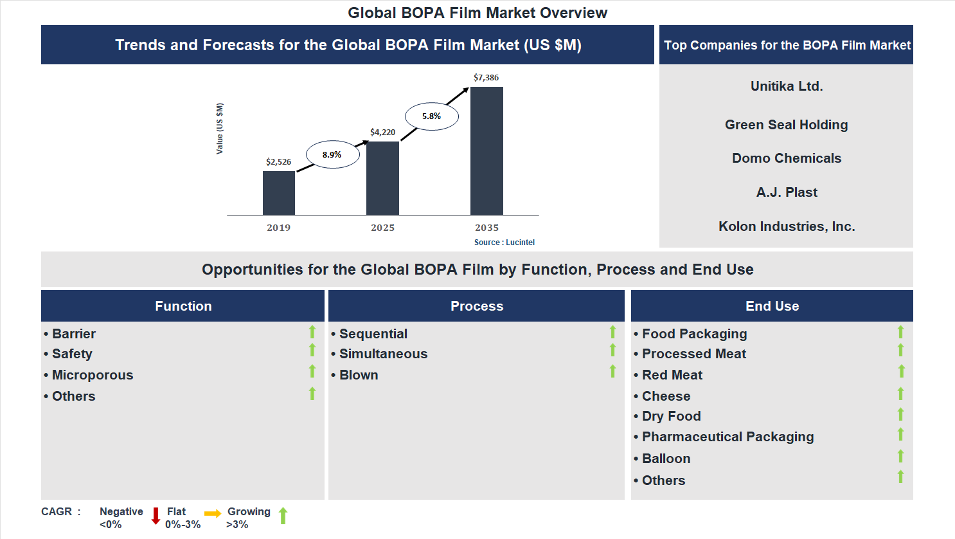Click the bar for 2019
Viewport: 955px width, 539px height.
[x=279, y=193]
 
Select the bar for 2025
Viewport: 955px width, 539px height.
[x=382, y=178]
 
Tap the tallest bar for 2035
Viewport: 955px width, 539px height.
[x=486, y=151]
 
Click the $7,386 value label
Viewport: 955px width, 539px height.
[x=486, y=78]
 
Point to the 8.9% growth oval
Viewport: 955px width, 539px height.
[x=332, y=154]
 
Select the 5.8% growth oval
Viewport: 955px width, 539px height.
[x=431, y=116]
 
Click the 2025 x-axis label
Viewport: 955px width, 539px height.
[x=382, y=228]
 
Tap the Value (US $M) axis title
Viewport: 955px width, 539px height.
[x=220, y=129]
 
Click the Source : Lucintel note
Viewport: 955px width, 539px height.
[x=504, y=242]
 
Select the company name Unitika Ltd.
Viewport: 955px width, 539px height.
[x=787, y=86]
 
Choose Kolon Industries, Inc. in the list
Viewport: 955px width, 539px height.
[x=787, y=226]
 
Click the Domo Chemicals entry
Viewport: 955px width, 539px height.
[x=787, y=158]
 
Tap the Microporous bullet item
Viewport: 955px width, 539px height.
[x=93, y=375]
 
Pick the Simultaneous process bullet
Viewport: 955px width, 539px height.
[x=383, y=354]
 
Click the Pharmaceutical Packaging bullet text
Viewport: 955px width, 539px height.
[x=727, y=437]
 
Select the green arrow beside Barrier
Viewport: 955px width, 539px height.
[x=312, y=332]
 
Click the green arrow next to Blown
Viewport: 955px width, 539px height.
[x=612, y=371]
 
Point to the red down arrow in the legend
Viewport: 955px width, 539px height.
[x=156, y=516]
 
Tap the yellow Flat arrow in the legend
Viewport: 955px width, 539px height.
[x=213, y=513]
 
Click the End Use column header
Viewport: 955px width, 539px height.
[x=772, y=306]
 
